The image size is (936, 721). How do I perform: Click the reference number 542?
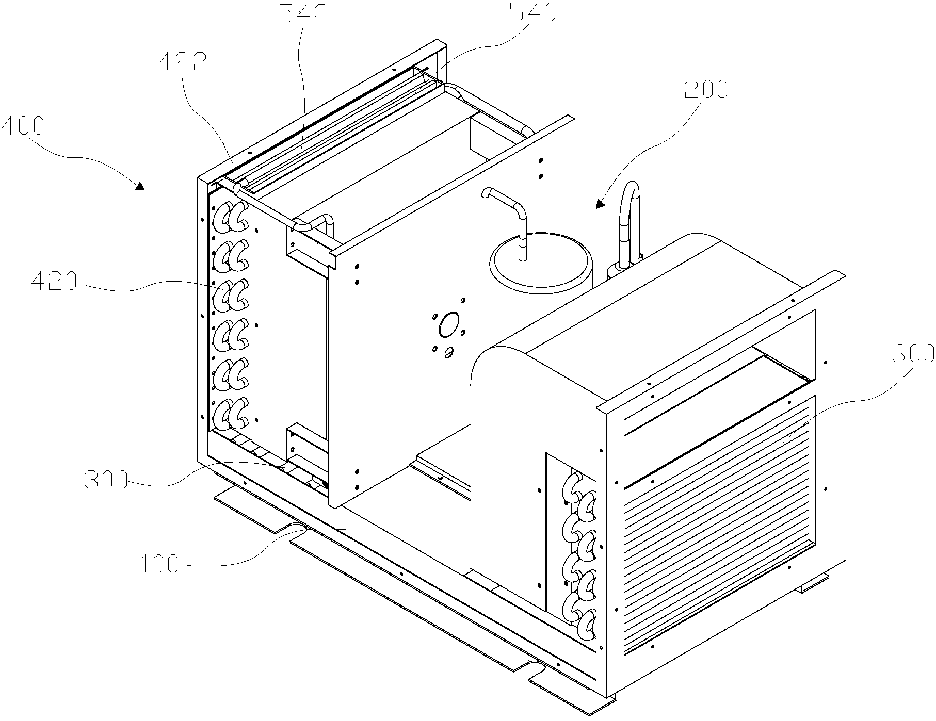303,14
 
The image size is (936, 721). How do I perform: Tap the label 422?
183,62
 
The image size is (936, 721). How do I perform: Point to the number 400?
23,125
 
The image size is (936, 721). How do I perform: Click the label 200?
705,90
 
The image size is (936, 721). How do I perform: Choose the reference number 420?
54,282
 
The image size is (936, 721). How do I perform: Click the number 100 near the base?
159,564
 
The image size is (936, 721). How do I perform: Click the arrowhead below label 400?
140,186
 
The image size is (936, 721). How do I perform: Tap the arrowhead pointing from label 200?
600,204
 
